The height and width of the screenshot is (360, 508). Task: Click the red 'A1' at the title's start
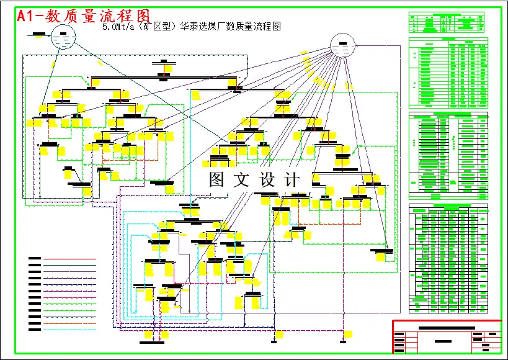(x=29, y=16)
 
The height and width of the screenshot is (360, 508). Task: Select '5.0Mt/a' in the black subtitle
(x=119, y=27)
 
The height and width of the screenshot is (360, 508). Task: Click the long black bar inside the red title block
(x=447, y=327)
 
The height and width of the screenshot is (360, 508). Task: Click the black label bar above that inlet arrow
(x=38, y=32)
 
